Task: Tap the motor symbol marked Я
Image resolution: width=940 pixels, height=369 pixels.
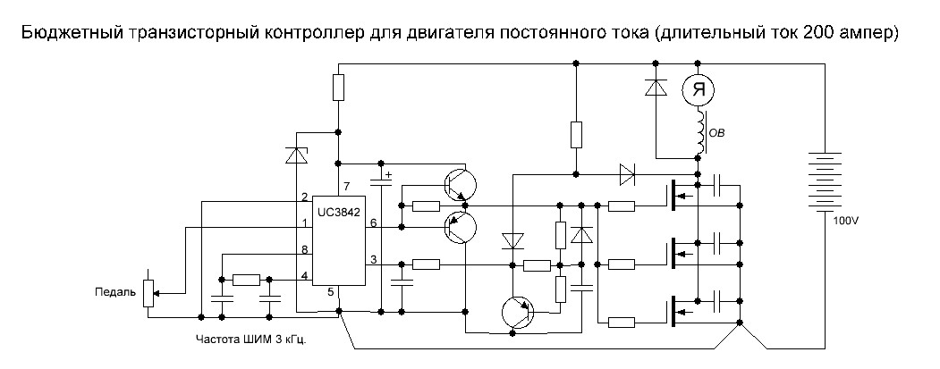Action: [x=699, y=88]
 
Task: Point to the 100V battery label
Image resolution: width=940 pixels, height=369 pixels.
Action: [x=844, y=219]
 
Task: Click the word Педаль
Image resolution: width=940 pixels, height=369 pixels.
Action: [x=114, y=291]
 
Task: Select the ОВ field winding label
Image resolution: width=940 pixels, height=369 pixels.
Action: [x=716, y=134]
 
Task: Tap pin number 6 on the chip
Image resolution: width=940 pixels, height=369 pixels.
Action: [x=374, y=222]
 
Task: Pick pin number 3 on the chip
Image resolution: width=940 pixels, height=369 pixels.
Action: [x=374, y=258]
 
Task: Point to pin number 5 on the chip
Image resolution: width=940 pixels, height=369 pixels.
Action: [x=330, y=292]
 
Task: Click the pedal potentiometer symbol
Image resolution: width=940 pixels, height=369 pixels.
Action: [x=149, y=291]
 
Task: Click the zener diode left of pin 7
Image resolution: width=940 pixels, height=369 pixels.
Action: [x=296, y=155]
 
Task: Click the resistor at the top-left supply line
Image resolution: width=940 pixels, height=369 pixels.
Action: [x=338, y=88]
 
